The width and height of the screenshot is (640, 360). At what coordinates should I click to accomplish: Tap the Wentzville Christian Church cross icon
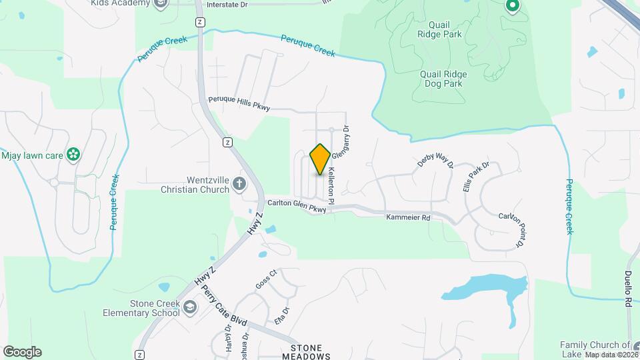coord(239,183)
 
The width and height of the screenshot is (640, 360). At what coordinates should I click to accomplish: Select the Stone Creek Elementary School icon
coord(191,307)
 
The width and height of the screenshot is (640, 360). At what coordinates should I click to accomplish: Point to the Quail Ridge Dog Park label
coord(442,79)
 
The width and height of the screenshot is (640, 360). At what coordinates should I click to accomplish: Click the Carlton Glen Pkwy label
coord(297,207)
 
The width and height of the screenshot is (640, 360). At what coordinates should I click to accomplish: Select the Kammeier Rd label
coord(408,217)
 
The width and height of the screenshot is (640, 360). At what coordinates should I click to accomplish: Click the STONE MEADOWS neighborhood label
coord(311,352)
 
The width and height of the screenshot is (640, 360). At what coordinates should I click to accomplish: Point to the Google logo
coord(22,352)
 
